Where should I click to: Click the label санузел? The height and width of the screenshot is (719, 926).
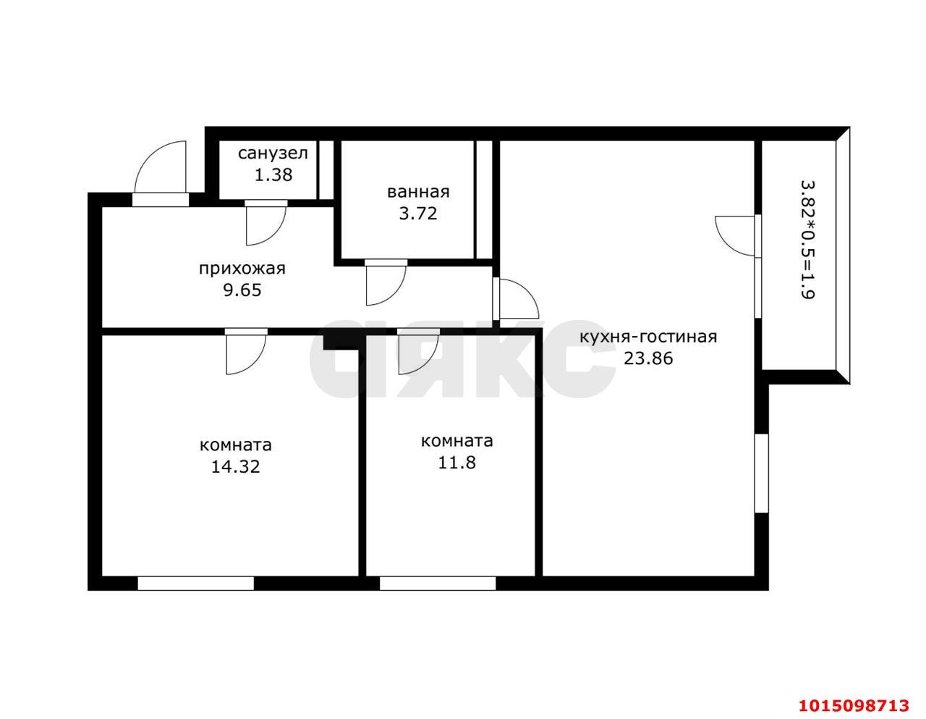click(273, 154)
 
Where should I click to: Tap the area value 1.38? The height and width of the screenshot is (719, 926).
click(273, 175)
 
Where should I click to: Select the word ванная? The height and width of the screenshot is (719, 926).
click(418, 192)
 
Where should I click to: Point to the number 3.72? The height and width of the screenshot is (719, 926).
click(418, 214)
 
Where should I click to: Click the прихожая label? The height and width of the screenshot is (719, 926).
click(242, 269)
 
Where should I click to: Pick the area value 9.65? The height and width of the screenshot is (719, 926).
click(242, 290)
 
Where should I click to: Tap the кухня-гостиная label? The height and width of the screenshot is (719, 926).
click(648, 337)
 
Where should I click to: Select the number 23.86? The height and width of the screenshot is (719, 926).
click(648, 358)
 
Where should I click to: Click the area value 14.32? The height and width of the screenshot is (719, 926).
click(235, 466)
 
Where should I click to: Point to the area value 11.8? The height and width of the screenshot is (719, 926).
click(456, 462)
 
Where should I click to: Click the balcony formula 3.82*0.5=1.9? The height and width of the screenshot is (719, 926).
click(808, 240)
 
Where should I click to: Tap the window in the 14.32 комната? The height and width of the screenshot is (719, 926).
click(195, 584)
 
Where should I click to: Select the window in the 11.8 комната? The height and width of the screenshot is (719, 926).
click(438, 584)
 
